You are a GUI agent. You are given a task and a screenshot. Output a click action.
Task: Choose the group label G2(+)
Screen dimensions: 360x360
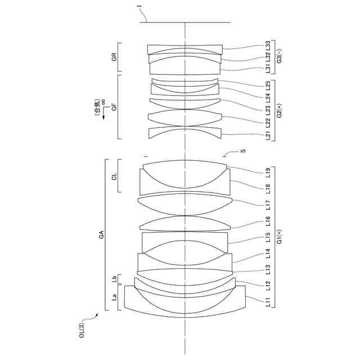point(279,110)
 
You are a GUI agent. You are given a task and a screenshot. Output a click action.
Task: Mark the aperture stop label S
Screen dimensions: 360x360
point(243,151)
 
